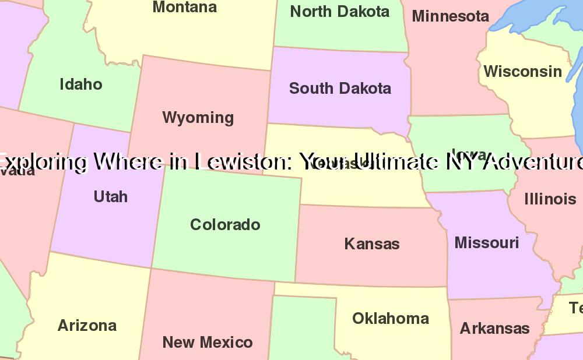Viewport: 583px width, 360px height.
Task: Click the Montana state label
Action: tap(184, 8)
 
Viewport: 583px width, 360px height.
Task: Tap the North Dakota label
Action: tap(339, 12)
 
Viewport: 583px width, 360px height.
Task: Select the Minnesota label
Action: tap(450, 16)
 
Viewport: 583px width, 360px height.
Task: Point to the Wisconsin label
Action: tap(523, 72)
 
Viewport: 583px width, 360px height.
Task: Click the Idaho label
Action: tap(81, 84)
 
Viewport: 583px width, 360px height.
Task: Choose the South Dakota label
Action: tap(340, 89)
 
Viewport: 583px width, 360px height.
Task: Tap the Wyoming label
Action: tap(198, 118)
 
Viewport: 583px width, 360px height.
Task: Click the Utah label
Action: tap(110, 197)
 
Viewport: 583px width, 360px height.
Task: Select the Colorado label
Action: tap(225, 225)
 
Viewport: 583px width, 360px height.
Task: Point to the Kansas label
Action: tap(372, 243)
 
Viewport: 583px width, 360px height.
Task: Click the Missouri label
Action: tap(486, 243)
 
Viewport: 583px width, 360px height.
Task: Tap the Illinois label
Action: tap(550, 199)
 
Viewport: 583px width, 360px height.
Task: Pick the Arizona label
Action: tap(87, 326)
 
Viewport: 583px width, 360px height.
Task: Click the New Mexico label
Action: tap(208, 343)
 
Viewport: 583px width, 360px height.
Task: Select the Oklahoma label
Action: tap(391, 319)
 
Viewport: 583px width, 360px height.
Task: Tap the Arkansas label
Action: tap(494, 329)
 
